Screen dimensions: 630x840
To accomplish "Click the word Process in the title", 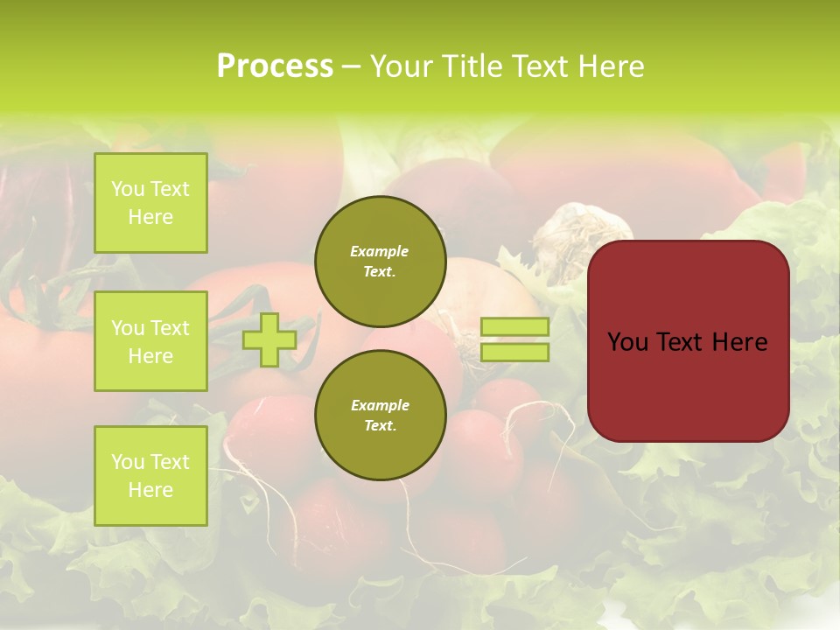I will point(275,66).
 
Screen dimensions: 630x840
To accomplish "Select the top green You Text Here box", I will point(150,203).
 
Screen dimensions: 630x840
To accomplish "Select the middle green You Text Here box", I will point(150,341).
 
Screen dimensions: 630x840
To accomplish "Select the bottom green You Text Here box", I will point(150,476).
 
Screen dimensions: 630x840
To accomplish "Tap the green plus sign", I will point(269,339).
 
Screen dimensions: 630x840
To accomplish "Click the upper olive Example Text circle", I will point(380,261).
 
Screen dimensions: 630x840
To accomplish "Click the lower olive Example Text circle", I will point(380,415).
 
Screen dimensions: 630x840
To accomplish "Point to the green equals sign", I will point(514,339).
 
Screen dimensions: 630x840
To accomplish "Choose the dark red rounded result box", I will point(688,341).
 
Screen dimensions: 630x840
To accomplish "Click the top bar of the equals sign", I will point(514,327).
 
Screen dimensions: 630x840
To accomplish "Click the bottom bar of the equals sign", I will point(514,352).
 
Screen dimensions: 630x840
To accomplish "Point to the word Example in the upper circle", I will point(380,251).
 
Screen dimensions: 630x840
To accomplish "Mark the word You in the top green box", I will point(127,189).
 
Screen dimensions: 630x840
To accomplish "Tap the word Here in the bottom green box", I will point(150,490).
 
